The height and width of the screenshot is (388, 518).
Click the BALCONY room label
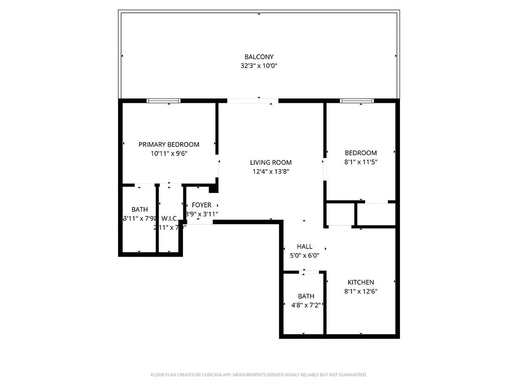tap(259, 57)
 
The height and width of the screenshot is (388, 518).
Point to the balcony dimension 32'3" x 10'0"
tap(259, 66)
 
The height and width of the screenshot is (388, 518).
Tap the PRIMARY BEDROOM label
tap(168, 145)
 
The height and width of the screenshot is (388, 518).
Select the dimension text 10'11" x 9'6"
tap(168, 153)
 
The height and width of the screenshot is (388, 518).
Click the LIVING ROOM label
tap(271, 162)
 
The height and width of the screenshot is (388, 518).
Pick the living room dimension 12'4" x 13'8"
tap(271, 171)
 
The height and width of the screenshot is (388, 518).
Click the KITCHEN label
tap(361, 282)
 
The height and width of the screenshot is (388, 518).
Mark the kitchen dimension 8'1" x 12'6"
tap(361, 291)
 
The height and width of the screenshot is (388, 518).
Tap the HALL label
tap(304, 246)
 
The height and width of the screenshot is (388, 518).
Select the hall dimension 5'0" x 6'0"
tap(304, 256)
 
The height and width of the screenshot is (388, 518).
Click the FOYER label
tap(201, 205)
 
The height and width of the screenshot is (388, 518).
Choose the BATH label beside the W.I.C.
tap(139, 210)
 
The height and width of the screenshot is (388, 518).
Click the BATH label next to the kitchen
tap(306, 296)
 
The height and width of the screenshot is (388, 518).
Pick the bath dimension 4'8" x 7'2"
tap(304, 305)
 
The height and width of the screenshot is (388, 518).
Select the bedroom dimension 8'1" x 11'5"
tap(361, 162)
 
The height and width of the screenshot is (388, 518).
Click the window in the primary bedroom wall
tap(164, 101)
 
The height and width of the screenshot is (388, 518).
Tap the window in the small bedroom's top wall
tap(357, 101)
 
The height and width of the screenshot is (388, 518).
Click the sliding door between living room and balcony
tap(252, 101)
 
